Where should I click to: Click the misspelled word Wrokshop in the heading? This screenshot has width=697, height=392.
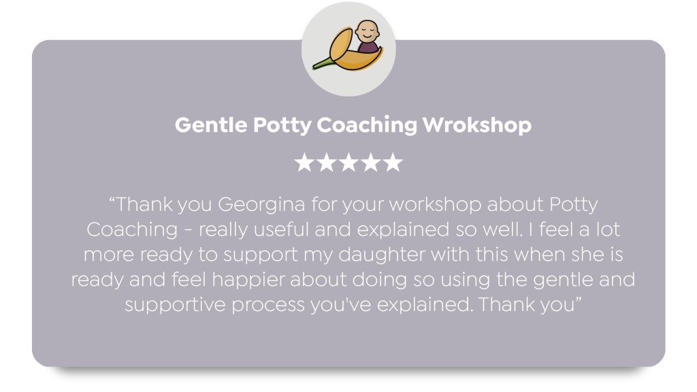pos(476,125)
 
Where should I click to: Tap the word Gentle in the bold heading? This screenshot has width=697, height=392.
pos(211,125)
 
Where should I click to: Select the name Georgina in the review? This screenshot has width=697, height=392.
pos(261,205)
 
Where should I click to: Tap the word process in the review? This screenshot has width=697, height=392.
pos(268,306)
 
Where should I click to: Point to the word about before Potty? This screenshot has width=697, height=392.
pos(516,205)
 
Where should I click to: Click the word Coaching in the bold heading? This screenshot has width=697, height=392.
pos(367,125)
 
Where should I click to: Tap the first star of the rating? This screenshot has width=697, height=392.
pos(304,162)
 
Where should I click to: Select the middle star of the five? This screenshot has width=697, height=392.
pos(348,162)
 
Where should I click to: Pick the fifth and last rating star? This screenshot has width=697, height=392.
pos(393,162)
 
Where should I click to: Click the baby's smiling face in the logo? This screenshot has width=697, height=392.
pos(367,31)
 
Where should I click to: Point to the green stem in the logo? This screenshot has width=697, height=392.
pos(323,63)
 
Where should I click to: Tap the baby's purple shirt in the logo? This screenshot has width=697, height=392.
pos(368,47)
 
